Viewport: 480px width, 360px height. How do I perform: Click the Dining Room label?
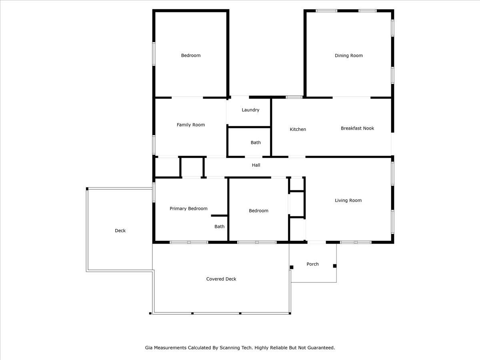pos(348,56)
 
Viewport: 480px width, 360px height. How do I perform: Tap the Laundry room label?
pos(250,110)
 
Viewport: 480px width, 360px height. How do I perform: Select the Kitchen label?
pos(298,129)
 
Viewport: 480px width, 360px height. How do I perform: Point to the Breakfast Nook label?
pos(357,128)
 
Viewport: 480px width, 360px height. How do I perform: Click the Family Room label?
pos(191,125)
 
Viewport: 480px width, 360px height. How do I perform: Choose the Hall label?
pos(256,165)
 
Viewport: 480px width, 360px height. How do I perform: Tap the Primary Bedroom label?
pos(188,208)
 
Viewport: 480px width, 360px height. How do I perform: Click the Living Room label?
pos(348,200)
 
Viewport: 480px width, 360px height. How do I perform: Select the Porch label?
pos(312,264)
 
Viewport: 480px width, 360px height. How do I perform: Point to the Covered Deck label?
pos(221,279)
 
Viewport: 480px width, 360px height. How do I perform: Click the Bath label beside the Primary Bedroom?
pos(219,226)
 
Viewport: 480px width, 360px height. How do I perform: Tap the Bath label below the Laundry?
pos(256,142)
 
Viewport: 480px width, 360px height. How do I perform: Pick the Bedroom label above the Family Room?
pos(191,55)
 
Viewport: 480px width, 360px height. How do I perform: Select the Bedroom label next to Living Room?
pos(258,211)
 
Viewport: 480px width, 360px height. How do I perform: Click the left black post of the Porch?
pos(292,267)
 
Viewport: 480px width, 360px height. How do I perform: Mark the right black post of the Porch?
pos(335,266)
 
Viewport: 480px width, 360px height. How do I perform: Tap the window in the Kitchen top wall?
pos(294,97)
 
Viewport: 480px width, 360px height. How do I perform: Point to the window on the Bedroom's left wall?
pos(154,54)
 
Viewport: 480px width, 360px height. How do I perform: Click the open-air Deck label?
pos(120,231)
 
